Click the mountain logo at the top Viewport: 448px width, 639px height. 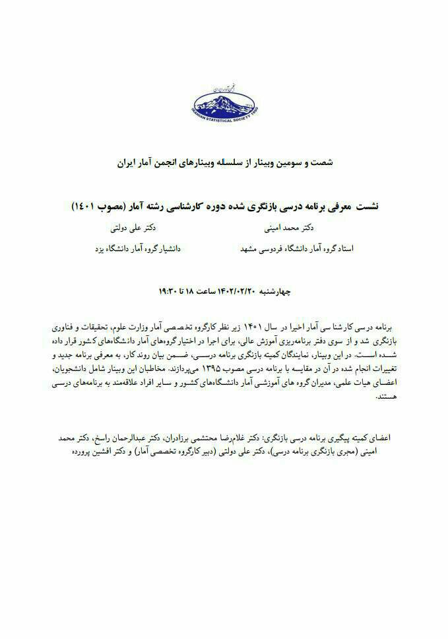point(224,103)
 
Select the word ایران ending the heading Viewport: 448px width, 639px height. point(126,161)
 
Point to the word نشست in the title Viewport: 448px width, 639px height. point(364,207)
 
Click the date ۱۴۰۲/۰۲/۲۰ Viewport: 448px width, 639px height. point(238,290)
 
